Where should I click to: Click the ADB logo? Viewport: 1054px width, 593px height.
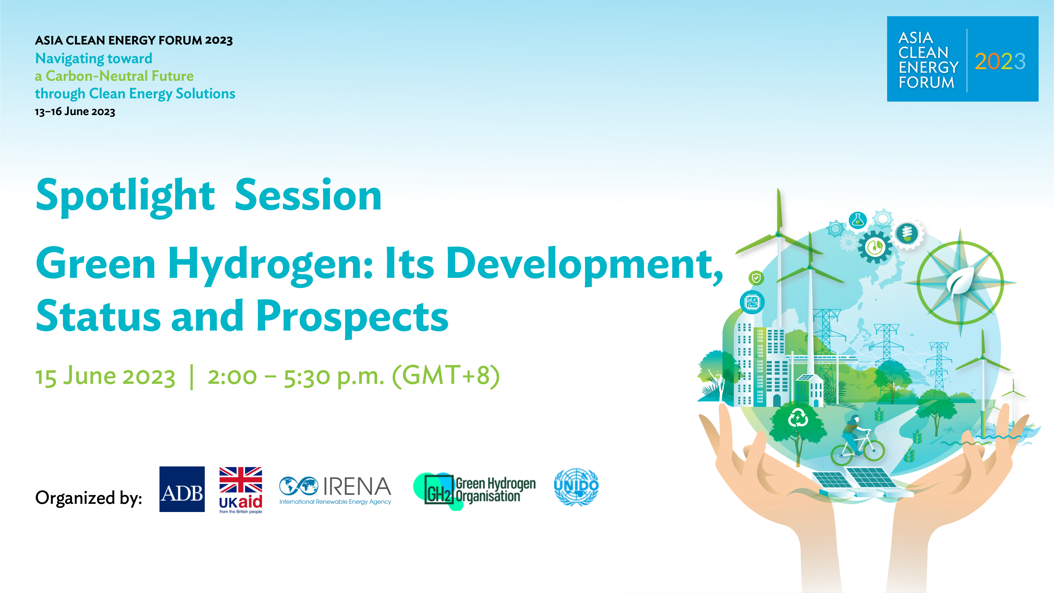coord(182,489)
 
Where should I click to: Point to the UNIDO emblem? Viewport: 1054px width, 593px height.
coord(576,487)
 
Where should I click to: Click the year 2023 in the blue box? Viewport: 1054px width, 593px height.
coord(1000,61)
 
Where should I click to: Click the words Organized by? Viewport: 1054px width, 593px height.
coord(89,498)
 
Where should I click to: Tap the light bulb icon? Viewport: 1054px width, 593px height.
coord(907,234)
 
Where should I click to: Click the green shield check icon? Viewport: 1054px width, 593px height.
coord(756,278)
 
